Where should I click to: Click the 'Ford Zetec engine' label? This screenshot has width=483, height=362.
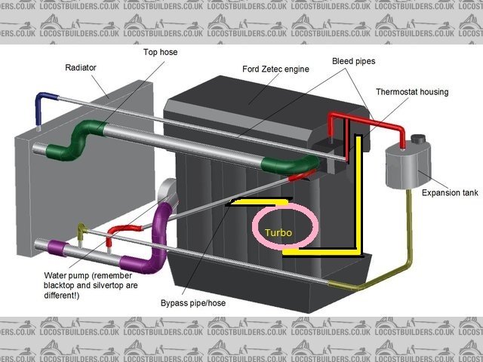point(275,69)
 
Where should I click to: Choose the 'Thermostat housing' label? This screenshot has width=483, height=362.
point(412,92)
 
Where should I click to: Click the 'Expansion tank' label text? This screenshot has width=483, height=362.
point(450,193)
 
